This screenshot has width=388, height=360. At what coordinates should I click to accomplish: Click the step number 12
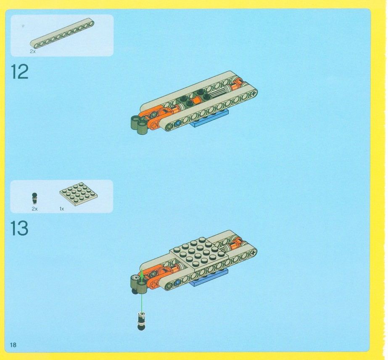pyautogui.click(x=20, y=72)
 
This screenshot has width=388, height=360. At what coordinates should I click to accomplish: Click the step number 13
pyautogui.click(x=19, y=228)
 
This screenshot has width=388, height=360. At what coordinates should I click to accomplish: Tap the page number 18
pyautogui.click(x=13, y=345)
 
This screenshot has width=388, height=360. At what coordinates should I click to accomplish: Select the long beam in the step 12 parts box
pyautogui.click(x=62, y=33)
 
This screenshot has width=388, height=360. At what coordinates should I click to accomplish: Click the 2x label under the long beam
pyautogui.click(x=33, y=51)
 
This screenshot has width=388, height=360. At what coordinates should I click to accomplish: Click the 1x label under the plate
pyautogui.click(x=62, y=209)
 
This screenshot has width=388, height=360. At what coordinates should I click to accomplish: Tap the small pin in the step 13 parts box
pyautogui.click(x=34, y=199)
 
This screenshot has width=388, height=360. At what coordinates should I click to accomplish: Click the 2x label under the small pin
pyautogui.click(x=34, y=209)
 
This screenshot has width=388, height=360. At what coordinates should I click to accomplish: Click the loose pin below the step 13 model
pyautogui.click(x=141, y=321)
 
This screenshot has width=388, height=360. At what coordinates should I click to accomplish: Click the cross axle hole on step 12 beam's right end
pyautogui.click(x=253, y=94)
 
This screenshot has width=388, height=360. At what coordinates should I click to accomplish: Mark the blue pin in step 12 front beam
pyautogui.click(x=177, y=123)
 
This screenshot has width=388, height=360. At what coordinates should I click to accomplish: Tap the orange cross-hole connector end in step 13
pyautogui.click(x=154, y=284)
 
